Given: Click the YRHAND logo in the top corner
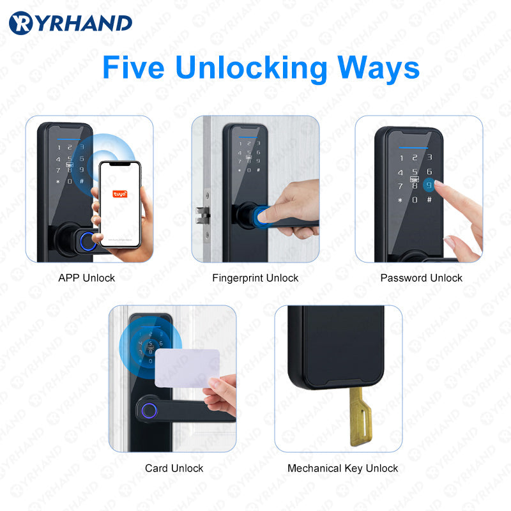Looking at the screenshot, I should tap(70, 23).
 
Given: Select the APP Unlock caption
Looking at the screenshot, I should tap(86, 278).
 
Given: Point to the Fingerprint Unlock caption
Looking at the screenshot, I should tap(255, 278).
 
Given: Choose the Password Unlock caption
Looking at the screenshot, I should tap(421, 278).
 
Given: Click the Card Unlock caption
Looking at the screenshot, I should tap(174, 468).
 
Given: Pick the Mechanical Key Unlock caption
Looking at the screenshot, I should tap(342, 468).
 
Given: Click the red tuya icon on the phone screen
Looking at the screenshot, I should tap(119, 193).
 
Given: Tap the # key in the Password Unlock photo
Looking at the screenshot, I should tap(429, 200).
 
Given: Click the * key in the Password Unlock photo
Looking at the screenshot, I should tap(399, 200).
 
